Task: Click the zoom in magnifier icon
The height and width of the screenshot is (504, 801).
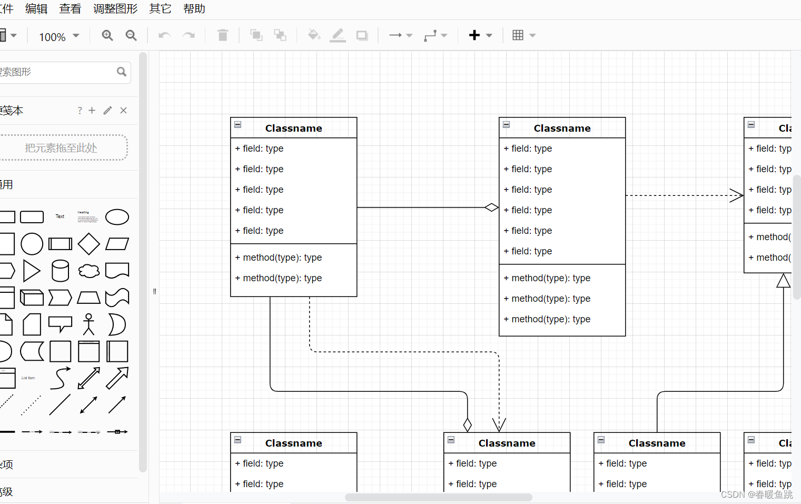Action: (107, 35)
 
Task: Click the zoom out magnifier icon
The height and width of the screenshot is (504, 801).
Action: (131, 35)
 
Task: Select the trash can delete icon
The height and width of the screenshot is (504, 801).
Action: (223, 35)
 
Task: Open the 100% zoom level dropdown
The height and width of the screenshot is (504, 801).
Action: (59, 37)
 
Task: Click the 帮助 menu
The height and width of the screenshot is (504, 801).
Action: (194, 9)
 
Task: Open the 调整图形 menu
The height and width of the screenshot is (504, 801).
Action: (115, 9)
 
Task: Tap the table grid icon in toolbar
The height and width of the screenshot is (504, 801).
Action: (518, 35)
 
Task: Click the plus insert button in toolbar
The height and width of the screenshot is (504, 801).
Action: (474, 35)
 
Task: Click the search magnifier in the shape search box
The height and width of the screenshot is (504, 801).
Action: (122, 72)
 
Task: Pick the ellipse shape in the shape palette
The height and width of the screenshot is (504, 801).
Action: (117, 217)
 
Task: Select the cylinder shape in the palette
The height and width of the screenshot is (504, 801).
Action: (60, 271)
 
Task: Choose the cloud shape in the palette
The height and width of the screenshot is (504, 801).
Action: (89, 271)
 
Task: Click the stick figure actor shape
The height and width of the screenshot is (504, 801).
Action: (88, 324)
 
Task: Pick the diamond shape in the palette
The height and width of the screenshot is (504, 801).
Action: (88, 244)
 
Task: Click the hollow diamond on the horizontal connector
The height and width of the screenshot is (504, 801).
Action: (491, 207)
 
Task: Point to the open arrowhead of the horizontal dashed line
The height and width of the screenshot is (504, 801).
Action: (737, 195)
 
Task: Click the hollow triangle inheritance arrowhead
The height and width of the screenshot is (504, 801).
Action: (784, 281)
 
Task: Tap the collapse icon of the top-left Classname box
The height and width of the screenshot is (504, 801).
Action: (238, 125)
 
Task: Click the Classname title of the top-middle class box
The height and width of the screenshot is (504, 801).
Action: (562, 128)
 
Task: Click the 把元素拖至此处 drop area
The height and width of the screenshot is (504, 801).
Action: (61, 148)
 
